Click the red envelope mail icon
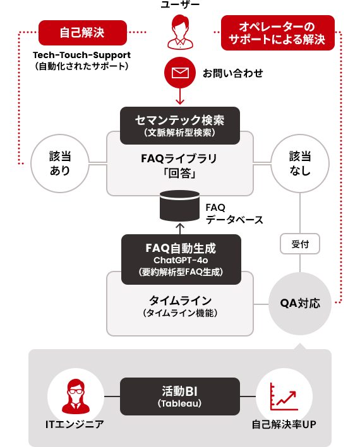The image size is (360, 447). [180, 73]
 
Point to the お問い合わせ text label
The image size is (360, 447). [232, 74]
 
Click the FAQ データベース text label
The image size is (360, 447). [234, 213]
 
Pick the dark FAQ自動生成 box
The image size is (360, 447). [180, 257]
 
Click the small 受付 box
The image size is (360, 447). [300, 243]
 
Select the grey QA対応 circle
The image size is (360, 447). [300, 304]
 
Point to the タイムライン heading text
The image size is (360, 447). [180, 300]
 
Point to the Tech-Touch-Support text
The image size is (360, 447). [82, 55]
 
